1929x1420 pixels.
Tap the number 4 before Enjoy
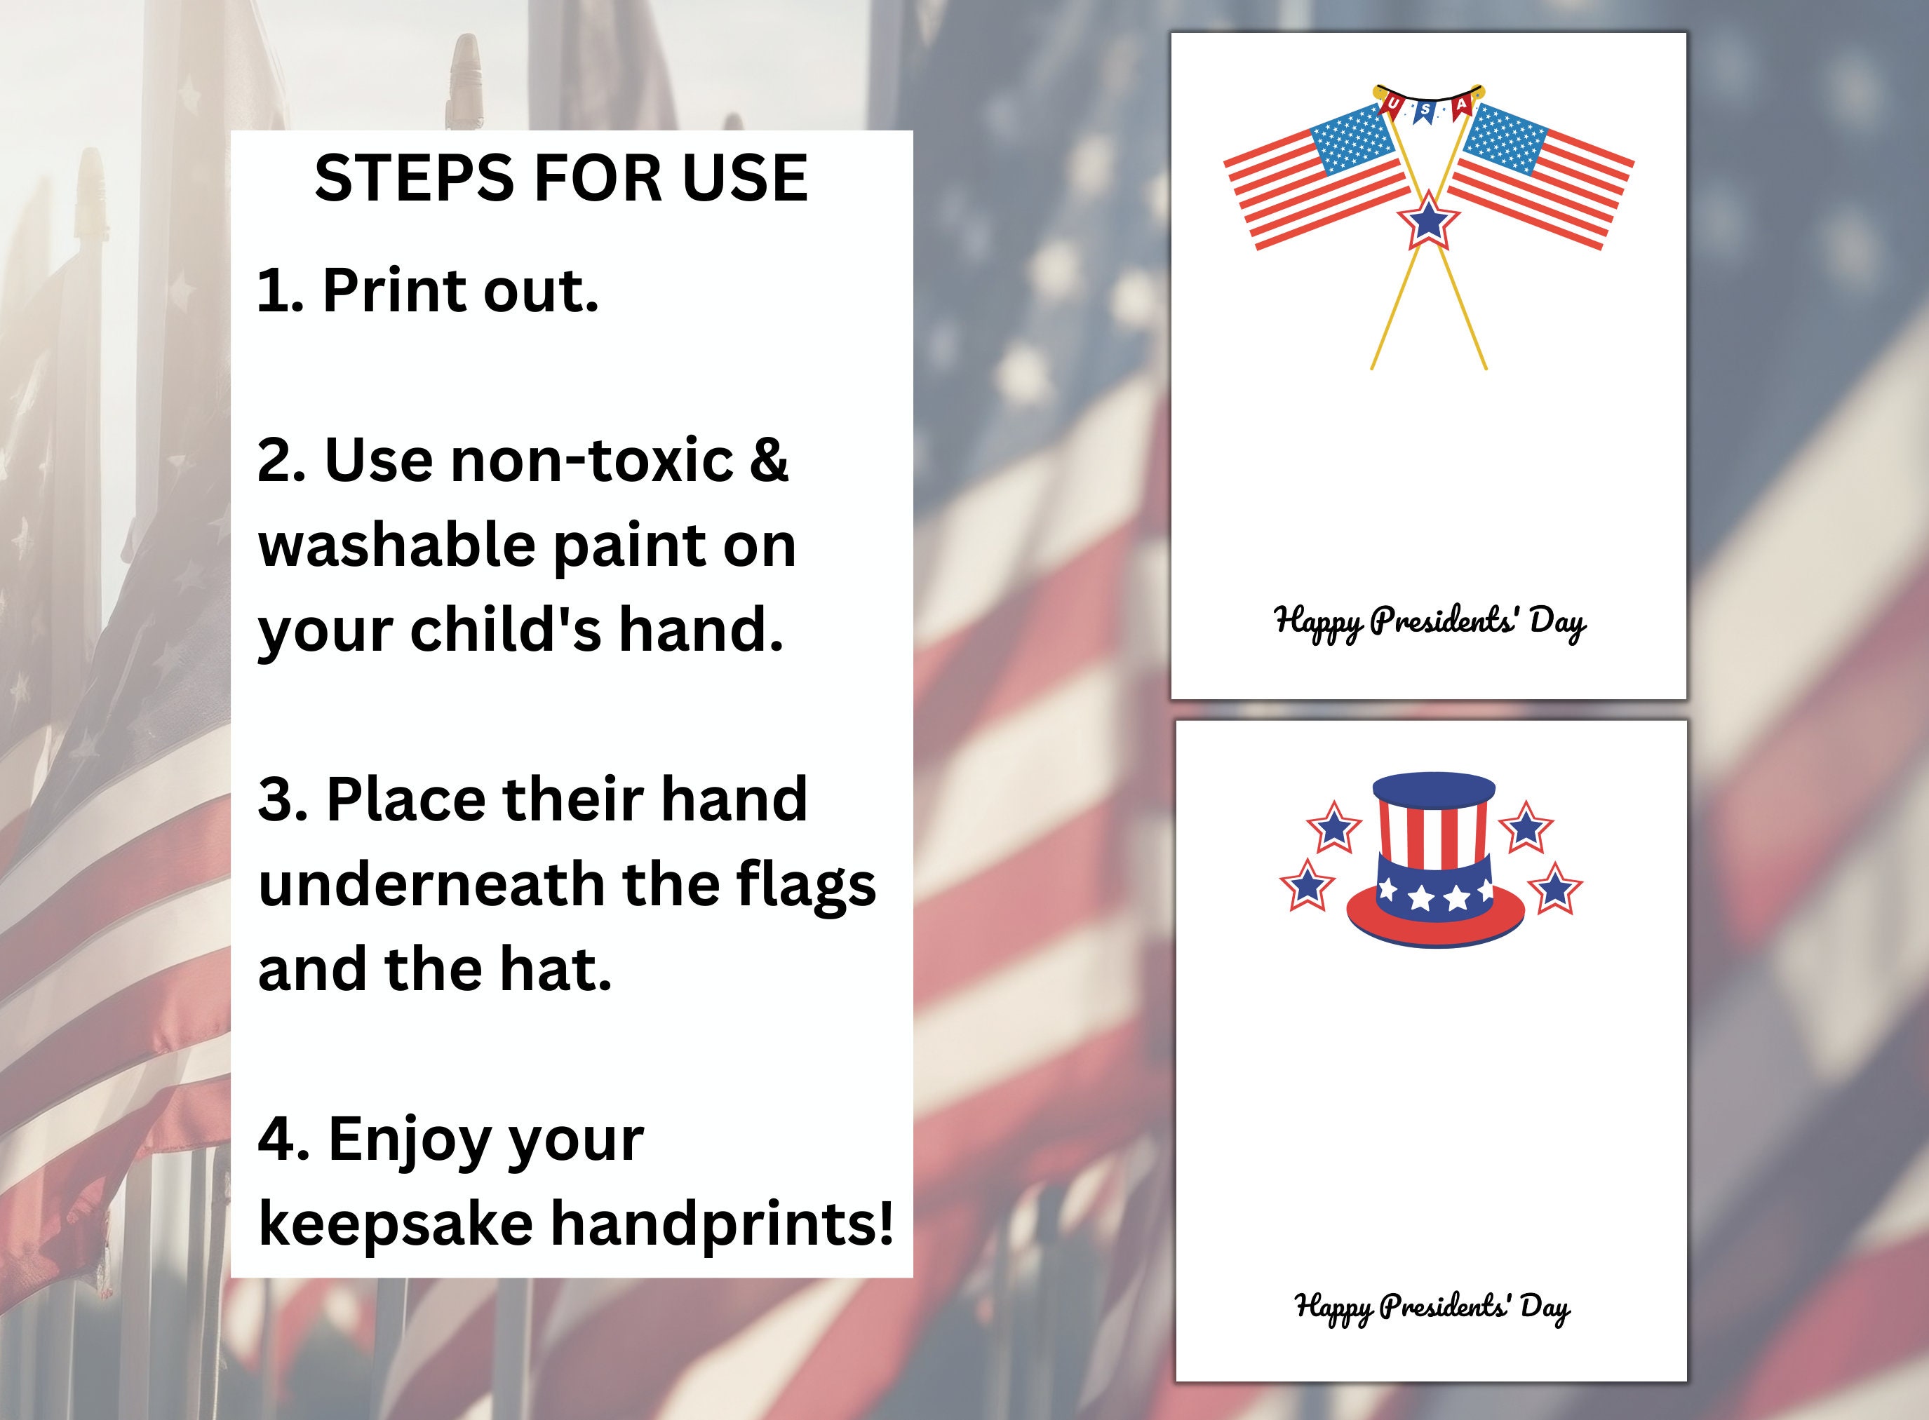point(277,1139)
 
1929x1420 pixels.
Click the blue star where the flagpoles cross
point(1428,222)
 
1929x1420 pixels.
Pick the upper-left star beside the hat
point(1333,827)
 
